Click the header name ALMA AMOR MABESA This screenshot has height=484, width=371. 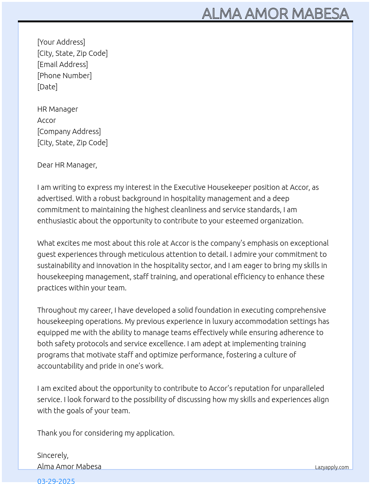[x=275, y=14]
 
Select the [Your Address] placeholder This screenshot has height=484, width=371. [x=61, y=42]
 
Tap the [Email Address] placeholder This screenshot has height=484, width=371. [x=63, y=64]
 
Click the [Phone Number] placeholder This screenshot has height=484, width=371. [x=64, y=76]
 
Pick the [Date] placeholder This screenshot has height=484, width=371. [x=47, y=87]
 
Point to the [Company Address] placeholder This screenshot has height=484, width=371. [x=69, y=131]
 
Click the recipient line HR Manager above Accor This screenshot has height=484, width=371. [x=58, y=109]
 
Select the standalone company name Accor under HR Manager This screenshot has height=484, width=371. [x=47, y=120]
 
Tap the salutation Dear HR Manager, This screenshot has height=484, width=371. [x=67, y=165]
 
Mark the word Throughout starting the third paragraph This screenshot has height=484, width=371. [x=57, y=310]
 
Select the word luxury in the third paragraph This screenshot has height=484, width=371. [x=222, y=321]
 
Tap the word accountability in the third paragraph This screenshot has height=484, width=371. [x=60, y=366]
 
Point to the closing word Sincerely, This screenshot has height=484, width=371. [x=53, y=455]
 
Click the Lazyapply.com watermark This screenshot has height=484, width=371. [x=332, y=467]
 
